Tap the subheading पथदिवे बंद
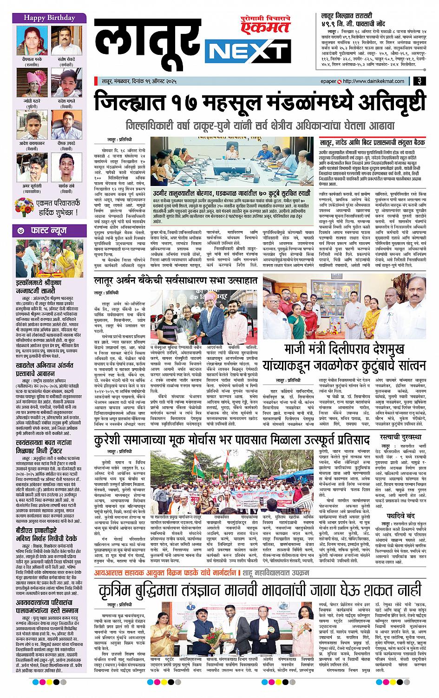400,515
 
